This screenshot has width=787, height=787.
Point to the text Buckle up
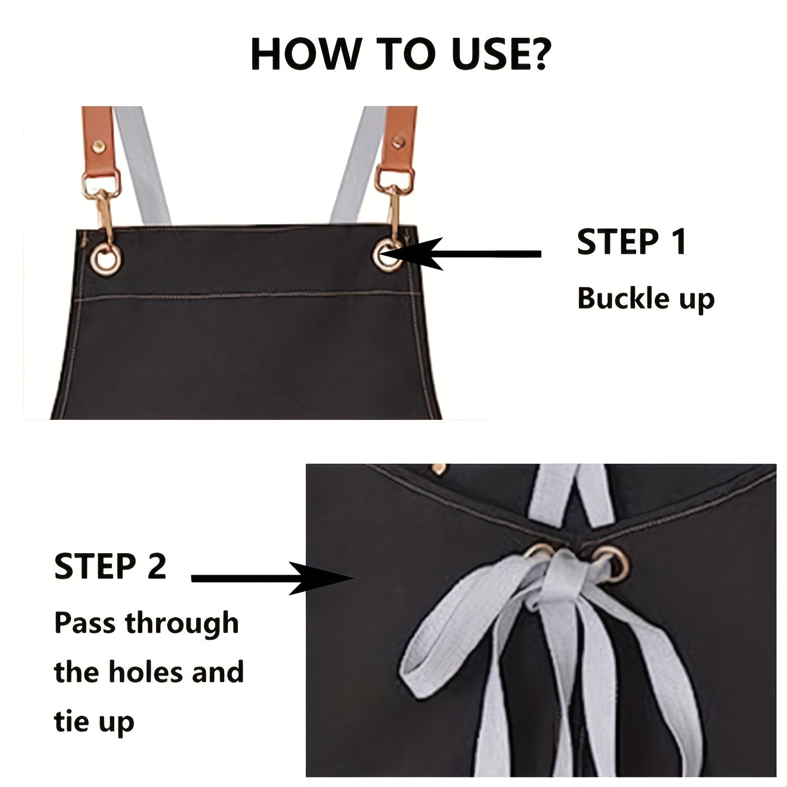point(645,298)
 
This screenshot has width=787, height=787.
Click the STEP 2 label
point(110,566)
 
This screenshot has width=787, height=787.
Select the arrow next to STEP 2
point(270,578)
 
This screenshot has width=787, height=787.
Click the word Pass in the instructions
point(86,623)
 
